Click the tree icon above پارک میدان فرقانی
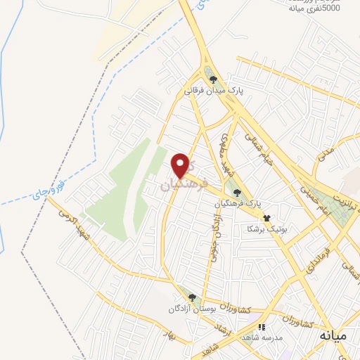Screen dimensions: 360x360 213,79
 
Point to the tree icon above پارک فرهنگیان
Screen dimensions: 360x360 237,191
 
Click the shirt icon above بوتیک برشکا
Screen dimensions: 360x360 266,208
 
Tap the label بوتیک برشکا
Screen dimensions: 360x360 264,229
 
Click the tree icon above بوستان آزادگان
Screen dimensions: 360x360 189,297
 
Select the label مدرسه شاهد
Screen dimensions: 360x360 262,338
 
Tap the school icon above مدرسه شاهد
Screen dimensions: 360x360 262,327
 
